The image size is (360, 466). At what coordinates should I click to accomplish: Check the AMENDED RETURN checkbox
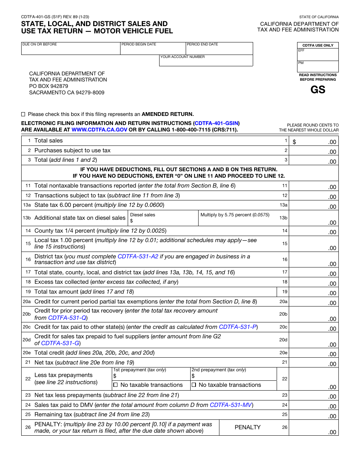coord(23,114)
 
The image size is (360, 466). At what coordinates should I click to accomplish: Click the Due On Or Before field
coord(71,50)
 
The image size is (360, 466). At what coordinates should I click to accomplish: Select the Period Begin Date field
coord(153,50)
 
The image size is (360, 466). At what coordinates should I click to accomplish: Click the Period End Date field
coord(219,50)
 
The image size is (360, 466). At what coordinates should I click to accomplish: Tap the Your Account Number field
coord(206,62)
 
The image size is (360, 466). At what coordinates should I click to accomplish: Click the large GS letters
coord(318,90)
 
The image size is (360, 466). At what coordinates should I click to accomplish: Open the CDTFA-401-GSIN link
coord(216,123)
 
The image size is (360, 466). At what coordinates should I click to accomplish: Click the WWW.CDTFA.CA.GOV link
coord(99,130)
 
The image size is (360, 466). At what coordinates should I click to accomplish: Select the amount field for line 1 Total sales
coord(314,141)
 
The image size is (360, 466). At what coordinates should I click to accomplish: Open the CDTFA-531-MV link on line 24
coord(231,405)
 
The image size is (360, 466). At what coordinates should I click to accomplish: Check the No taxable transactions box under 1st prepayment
coord(116,385)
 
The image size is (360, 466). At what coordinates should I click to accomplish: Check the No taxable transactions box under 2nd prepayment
coord(194,385)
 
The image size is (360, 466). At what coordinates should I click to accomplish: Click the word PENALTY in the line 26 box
coord(247,427)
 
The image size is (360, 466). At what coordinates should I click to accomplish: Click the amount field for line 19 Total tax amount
coord(314,292)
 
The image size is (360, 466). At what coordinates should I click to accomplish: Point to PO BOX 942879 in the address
coord(49,86)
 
